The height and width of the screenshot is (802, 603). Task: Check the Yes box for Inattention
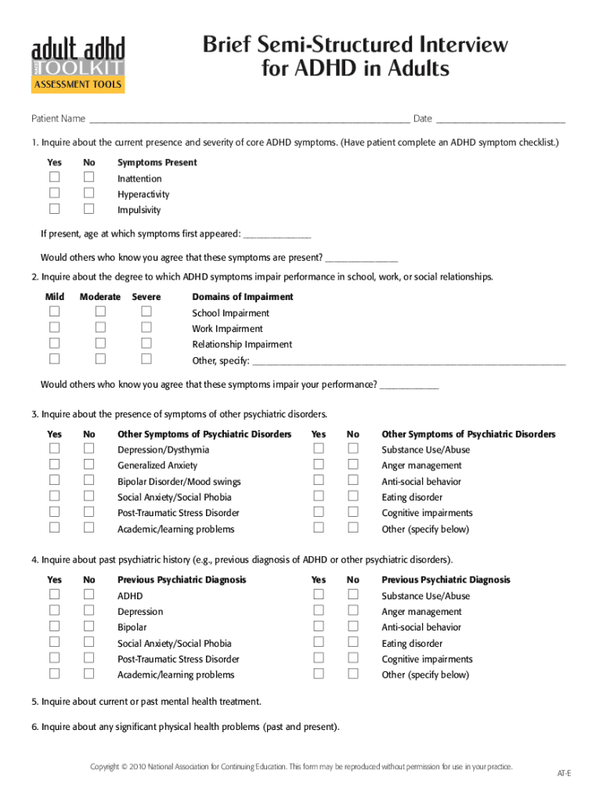[x=55, y=178]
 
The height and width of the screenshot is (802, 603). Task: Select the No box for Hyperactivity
[x=89, y=193]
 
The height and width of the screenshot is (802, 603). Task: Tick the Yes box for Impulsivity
[x=55, y=208]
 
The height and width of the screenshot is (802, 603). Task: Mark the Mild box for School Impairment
[x=55, y=312]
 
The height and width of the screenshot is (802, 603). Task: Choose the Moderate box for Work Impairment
[x=100, y=327]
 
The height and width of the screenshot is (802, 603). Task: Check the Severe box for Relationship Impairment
[x=146, y=343]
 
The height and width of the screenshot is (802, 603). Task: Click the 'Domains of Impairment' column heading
[x=243, y=297]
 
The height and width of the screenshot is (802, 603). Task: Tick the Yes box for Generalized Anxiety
[x=55, y=464]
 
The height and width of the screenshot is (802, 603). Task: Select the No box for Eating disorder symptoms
[x=353, y=496]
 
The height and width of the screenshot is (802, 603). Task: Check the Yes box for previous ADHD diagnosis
[x=55, y=594]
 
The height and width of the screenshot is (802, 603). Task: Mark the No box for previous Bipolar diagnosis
[x=89, y=626]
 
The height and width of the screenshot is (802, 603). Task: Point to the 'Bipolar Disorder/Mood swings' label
[x=179, y=482]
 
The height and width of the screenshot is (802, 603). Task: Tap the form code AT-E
[x=564, y=774]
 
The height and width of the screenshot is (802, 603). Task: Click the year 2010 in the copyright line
[x=140, y=767]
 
